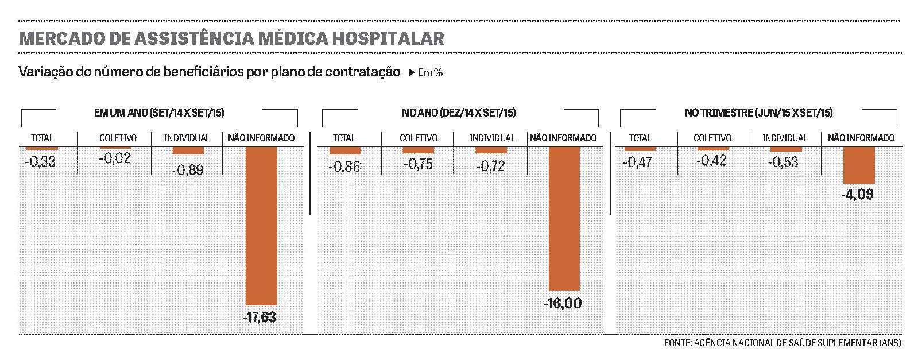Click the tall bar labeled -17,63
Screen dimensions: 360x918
click(x=261, y=225)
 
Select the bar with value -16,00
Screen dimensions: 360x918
click(x=564, y=218)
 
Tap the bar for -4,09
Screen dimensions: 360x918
click(x=859, y=165)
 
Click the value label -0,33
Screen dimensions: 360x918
click(x=40, y=162)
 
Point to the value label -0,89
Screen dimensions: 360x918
click(x=188, y=169)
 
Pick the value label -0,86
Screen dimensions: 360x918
click(x=344, y=168)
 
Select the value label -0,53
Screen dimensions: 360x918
click(x=785, y=162)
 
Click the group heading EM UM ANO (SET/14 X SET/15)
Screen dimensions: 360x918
click(x=158, y=113)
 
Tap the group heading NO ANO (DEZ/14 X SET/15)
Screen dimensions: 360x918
click(x=459, y=113)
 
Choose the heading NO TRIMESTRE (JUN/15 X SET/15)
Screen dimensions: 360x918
click(x=758, y=113)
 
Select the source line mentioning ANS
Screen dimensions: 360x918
click(x=782, y=343)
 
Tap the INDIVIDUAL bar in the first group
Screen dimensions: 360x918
click(x=188, y=150)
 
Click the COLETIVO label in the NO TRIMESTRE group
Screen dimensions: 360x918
click(x=712, y=138)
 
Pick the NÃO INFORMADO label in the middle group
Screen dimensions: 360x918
click(x=563, y=138)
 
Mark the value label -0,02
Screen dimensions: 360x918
click(x=115, y=158)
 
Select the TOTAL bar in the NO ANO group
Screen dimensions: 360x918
click(x=344, y=150)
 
